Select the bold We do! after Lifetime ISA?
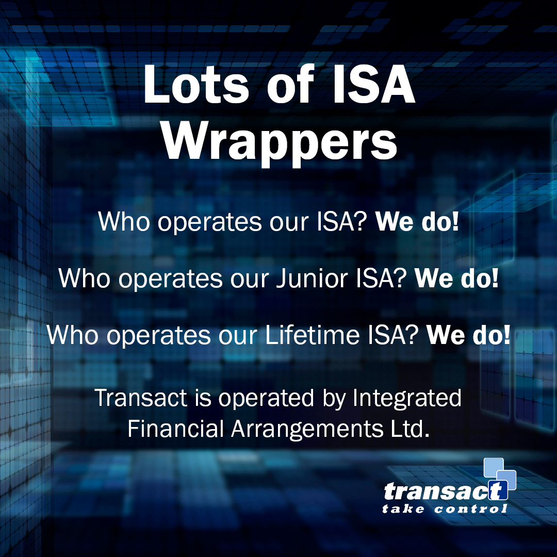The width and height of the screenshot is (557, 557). click(x=468, y=335)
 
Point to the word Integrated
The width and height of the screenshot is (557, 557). click(x=407, y=398)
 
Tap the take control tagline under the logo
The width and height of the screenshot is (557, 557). click(x=445, y=510)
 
